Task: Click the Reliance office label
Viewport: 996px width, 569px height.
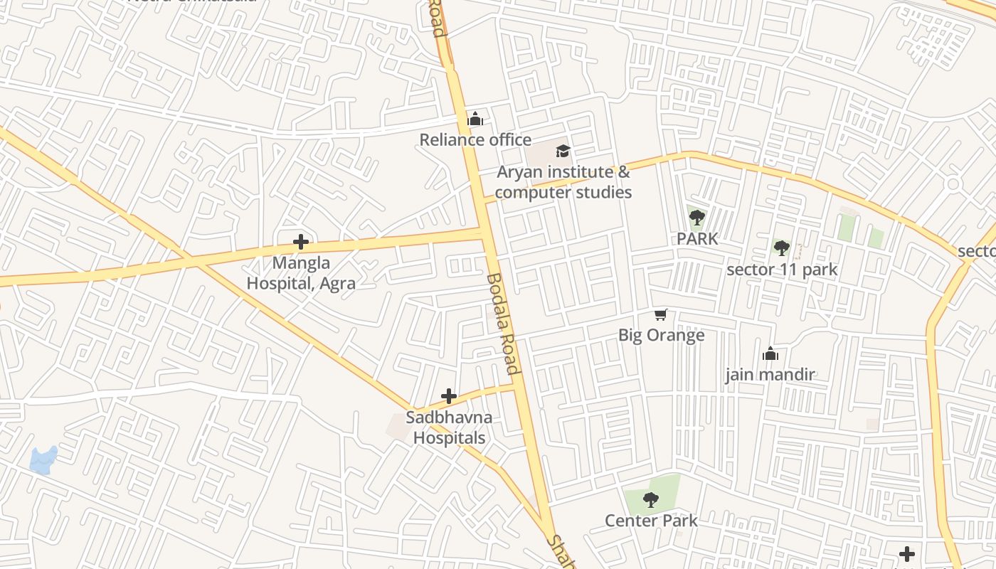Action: pos(475,139)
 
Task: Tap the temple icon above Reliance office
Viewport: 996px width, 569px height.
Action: pos(475,118)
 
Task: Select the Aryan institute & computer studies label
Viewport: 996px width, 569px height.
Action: pos(563,182)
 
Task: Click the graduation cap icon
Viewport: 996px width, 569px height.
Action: pos(563,151)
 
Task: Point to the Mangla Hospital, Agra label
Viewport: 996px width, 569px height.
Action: pos(301,273)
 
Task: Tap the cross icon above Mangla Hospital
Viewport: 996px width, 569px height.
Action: pos(301,242)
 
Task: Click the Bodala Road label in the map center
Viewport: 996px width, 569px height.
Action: pos(503,324)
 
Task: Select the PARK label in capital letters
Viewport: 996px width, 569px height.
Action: pos(697,239)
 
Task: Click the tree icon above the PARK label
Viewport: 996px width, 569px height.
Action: pos(697,218)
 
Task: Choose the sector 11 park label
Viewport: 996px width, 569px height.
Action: pos(782,270)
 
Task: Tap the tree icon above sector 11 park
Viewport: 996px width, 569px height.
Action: pos(782,248)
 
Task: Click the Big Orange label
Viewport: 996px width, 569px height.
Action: pos(662,335)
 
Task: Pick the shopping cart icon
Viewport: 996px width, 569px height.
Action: pos(662,314)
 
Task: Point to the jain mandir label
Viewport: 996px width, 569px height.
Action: pos(770,375)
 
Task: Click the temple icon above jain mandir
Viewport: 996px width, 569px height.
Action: pos(770,353)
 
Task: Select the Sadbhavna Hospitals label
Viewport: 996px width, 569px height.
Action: pos(450,427)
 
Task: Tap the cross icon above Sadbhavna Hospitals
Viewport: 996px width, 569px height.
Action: pos(449,396)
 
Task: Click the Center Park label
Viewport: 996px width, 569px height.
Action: pos(651,521)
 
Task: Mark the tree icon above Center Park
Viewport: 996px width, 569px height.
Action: pos(650,499)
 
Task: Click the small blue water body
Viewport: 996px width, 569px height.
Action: pos(43,460)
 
